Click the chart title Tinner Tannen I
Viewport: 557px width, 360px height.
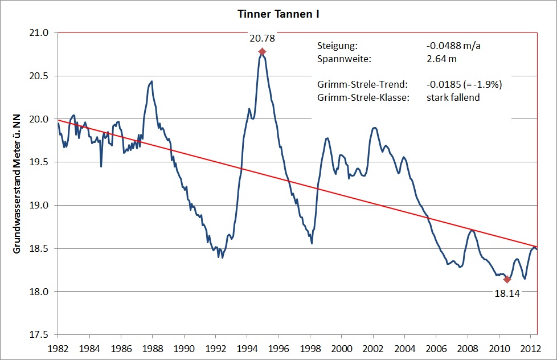(x=278, y=14)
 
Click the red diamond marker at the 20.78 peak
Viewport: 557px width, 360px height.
(x=262, y=52)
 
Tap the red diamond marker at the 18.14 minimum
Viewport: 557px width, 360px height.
(x=507, y=279)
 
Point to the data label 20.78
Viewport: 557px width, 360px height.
(x=261, y=39)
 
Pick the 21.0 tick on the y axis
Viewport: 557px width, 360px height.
(x=42, y=32)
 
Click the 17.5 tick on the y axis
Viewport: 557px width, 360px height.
(x=42, y=335)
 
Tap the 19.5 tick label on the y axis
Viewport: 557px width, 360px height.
(x=42, y=162)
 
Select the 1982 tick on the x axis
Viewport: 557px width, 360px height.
(x=58, y=347)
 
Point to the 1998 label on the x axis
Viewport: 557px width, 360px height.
(x=309, y=347)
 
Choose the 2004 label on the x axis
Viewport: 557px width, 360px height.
(x=404, y=347)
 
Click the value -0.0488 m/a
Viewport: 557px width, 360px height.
(x=454, y=46)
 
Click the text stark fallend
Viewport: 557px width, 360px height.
(x=453, y=97)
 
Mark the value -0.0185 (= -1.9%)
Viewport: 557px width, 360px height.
(x=464, y=85)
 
